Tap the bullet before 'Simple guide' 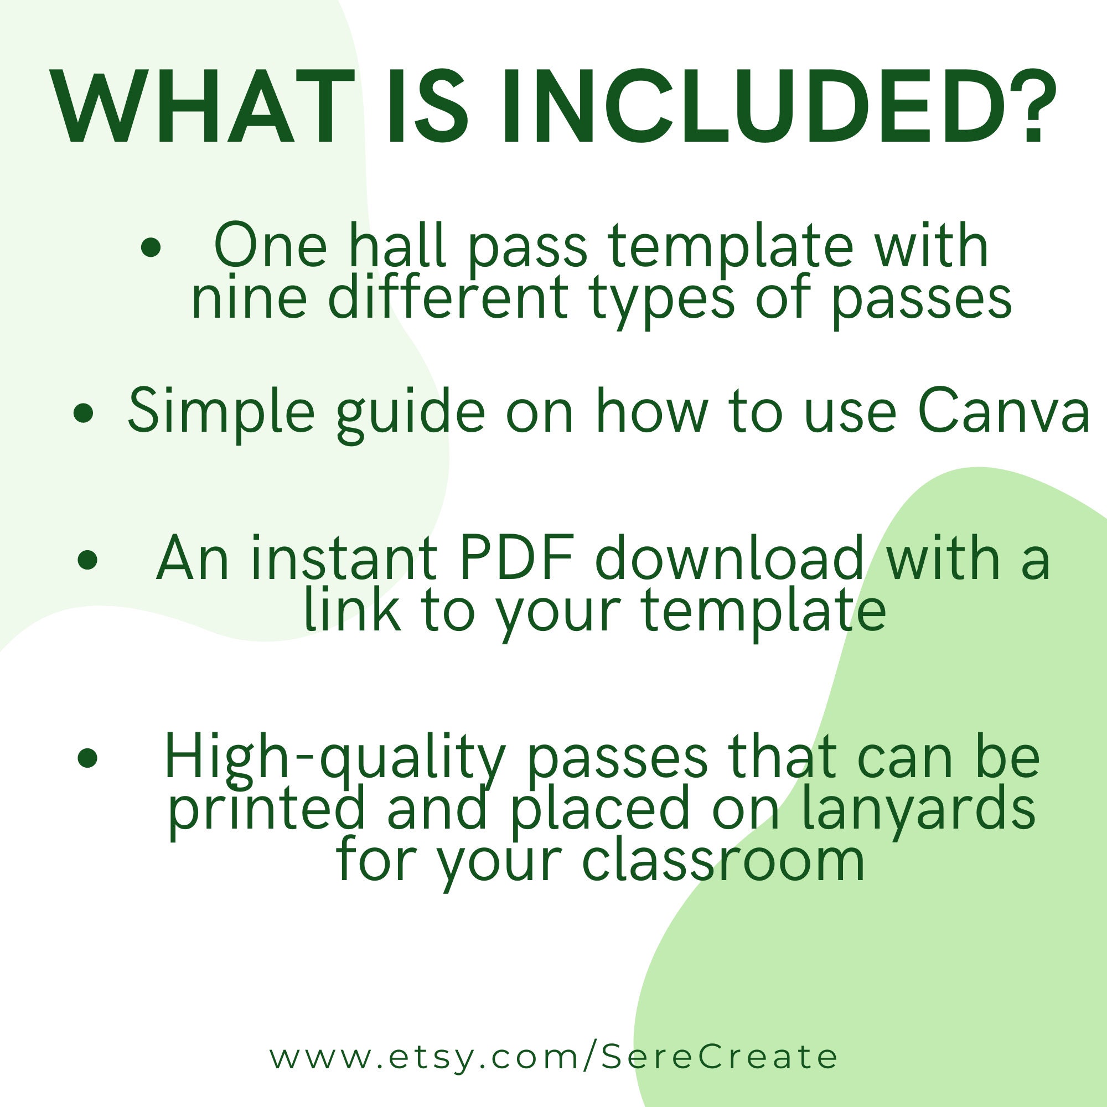(84, 413)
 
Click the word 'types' (663, 301)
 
